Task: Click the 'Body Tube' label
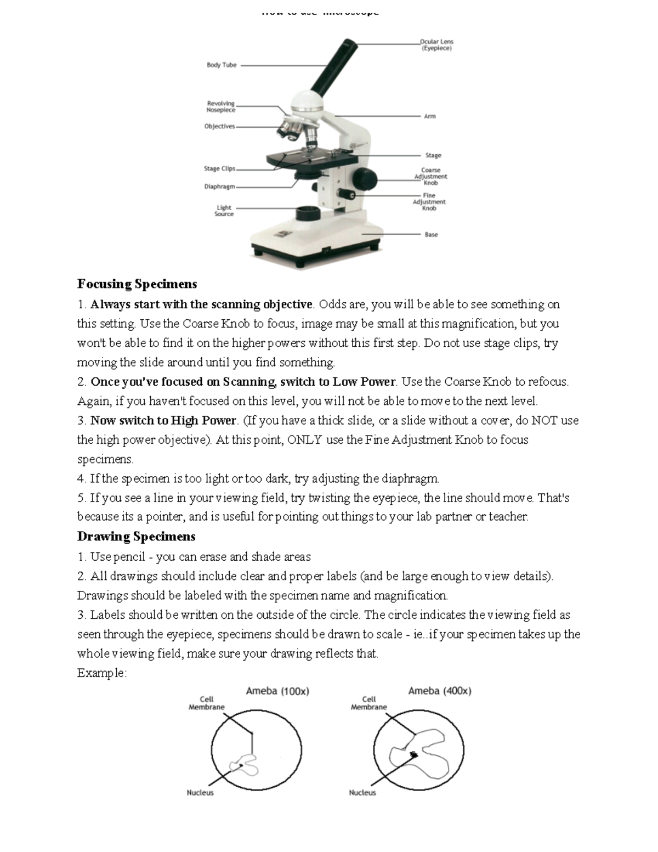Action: [x=222, y=65]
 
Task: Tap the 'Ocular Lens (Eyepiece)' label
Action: [x=436, y=45]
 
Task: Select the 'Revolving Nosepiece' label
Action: [x=220, y=106]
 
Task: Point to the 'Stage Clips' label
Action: [x=219, y=169]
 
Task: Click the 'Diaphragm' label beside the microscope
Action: [x=219, y=187]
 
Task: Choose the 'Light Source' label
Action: [x=224, y=211]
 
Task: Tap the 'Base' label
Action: [x=431, y=235]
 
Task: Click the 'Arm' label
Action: [x=429, y=116]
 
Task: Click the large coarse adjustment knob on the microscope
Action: [x=365, y=178]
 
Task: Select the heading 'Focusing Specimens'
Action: [x=137, y=284]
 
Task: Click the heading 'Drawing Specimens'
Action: [x=137, y=536]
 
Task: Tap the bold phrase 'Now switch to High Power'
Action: [x=163, y=421]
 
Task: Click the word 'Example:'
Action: [x=102, y=673]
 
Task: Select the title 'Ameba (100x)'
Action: [x=277, y=691]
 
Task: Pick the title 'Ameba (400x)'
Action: [x=440, y=691]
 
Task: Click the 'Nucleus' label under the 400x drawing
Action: [x=362, y=793]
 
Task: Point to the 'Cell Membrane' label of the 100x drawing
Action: [x=207, y=703]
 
